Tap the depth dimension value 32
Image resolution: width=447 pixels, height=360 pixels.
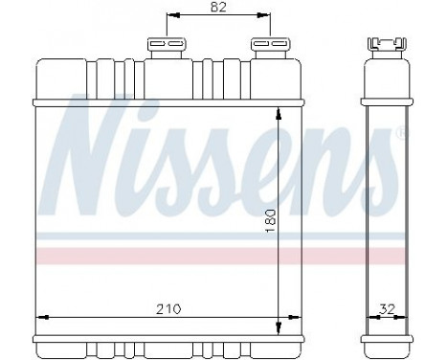point(386,309)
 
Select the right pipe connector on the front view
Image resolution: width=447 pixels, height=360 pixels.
point(268,46)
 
